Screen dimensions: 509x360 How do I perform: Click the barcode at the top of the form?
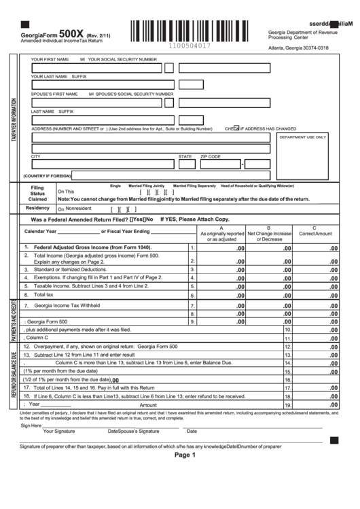pyautogui.click(x=195, y=31)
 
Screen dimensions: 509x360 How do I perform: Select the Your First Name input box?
pyautogui.click(x=96, y=68)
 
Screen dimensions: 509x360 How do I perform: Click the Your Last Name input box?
pyautogui.click(x=96, y=85)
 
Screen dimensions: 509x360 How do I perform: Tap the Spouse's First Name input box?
pyautogui.click(x=96, y=102)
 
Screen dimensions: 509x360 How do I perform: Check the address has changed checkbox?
pyautogui.click(x=236, y=128)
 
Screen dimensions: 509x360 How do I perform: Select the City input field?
pyautogui.click(x=102, y=164)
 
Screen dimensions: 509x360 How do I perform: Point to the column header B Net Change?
pyautogui.click(x=269, y=234)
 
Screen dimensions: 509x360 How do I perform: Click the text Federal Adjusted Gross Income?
pyautogui.click(x=92, y=247)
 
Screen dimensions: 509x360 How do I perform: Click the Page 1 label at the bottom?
pyautogui.click(x=184, y=455)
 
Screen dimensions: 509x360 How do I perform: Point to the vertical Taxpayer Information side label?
pyautogui.click(x=13, y=119)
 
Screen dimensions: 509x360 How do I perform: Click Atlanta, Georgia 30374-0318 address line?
pyautogui.click(x=298, y=48)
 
